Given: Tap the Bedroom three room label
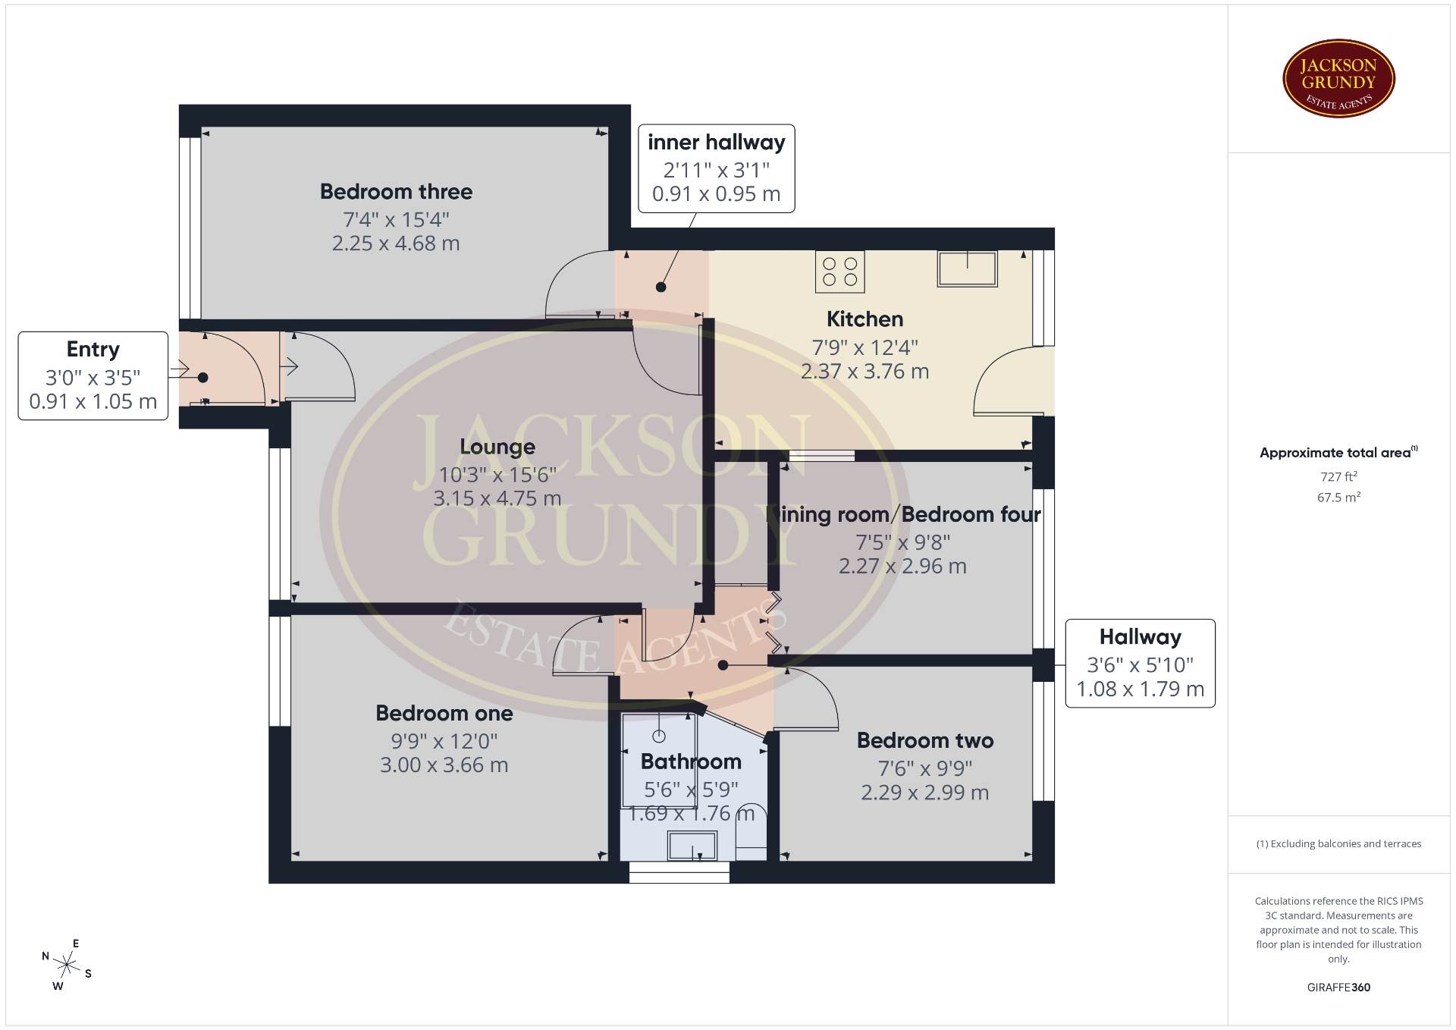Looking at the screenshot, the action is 396,192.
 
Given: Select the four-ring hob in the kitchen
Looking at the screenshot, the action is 839,272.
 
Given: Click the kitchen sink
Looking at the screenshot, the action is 967,268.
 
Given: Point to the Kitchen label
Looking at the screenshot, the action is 864,319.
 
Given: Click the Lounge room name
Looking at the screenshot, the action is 497,447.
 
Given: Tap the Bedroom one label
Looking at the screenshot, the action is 444,714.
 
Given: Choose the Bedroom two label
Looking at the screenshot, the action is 925,741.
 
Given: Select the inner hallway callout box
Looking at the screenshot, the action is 717,168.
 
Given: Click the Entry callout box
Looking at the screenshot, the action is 93,375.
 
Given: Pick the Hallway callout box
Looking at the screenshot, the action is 1141,663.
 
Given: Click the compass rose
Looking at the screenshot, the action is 67,966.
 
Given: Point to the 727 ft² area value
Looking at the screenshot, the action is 1338,477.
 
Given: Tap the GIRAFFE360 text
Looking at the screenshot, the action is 1338,988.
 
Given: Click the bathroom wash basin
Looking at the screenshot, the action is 692,846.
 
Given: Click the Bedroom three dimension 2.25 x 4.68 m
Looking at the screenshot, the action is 396,243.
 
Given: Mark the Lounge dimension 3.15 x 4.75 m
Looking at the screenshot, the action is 497,499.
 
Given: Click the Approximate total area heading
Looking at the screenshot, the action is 1338,453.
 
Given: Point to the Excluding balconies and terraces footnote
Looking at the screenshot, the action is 1338,844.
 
